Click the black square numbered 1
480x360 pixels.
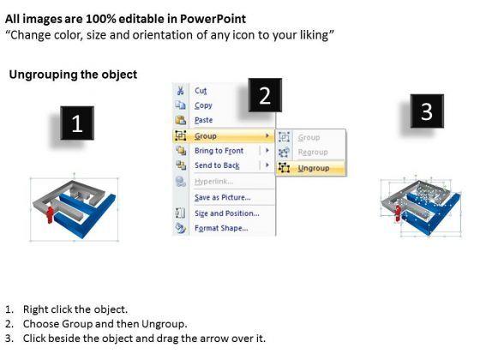[x=77, y=123]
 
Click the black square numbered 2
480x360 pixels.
[x=265, y=95]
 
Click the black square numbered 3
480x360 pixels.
[x=427, y=111]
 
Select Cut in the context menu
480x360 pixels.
[x=201, y=91]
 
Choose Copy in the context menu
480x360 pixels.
[x=204, y=105]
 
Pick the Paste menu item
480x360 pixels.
[x=204, y=120]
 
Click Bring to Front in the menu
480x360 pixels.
[x=219, y=151]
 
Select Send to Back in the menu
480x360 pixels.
[x=217, y=165]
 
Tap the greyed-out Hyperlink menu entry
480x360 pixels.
[x=213, y=182]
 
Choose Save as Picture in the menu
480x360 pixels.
[x=223, y=197]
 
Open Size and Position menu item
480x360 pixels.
[x=227, y=213]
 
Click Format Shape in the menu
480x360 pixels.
[x=221, y=228]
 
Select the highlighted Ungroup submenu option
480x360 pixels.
[x=314, y=168]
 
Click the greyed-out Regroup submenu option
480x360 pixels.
[x=313, y=153]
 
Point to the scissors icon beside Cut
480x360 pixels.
[x=180, y=91]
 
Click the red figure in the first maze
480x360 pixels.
[x=50, y=214]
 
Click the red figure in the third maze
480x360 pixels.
[x=398, y=213]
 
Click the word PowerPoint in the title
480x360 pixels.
[x=213, y=19]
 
